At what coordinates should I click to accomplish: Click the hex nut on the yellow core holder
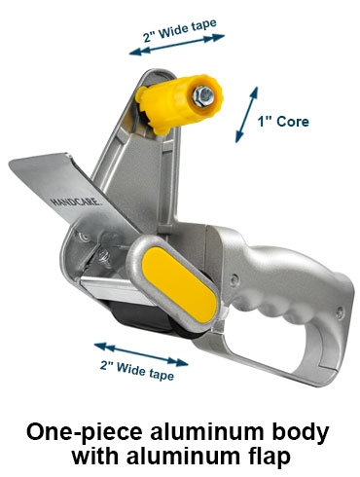(203, 96)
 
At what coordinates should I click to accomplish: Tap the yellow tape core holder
(179, 104)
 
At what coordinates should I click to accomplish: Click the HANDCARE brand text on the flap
(76, 202)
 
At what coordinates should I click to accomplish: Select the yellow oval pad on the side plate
(179, 284)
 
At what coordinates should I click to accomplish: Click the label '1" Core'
(283, 122)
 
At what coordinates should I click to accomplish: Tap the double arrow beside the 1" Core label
(246, 115)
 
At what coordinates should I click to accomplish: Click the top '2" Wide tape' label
(180, 31)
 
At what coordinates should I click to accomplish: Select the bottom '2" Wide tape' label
(137, 371)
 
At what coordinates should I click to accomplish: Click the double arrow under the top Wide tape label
(177, 45)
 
